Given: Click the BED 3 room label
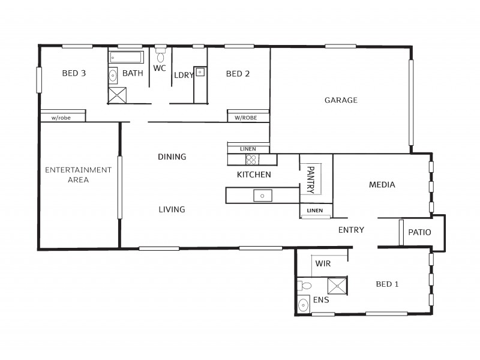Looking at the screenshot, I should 74,74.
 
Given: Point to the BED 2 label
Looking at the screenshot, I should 238,74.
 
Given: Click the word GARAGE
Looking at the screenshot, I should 341,100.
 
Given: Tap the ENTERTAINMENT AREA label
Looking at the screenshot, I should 79,175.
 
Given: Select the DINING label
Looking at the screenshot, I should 172,157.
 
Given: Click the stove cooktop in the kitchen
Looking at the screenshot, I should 251,160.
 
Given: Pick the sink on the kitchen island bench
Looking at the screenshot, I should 263,196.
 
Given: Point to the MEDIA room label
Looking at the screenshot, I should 382,185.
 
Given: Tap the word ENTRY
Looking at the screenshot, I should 351,230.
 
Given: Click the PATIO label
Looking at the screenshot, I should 419,232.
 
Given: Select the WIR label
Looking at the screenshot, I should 323,263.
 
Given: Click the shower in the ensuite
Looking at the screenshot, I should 338,285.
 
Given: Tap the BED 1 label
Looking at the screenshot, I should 387,284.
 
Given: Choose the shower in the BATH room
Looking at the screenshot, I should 118,95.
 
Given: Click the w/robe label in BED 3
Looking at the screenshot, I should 61,118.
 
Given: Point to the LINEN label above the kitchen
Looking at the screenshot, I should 247,149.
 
